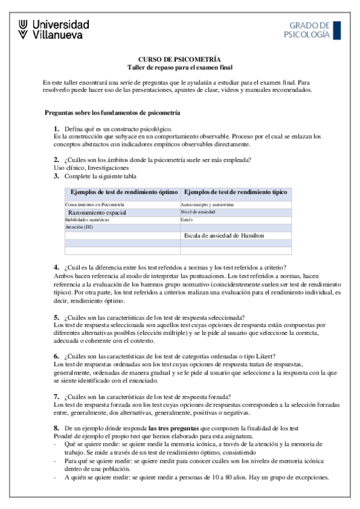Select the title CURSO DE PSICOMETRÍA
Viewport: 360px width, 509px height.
click(x=179, y=59)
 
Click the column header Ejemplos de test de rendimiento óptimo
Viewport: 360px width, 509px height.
click(x=124, y=192)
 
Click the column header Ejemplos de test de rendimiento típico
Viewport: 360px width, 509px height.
click(x=235, y=192)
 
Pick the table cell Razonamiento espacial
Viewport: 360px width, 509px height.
click(x=97, y=212)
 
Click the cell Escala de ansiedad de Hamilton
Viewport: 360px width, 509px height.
click(x=224, y=236)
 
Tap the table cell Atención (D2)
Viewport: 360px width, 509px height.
click(x=79, y=227)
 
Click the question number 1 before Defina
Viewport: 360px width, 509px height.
click(x=56, y=129)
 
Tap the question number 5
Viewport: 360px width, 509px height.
click(x=56, y=316)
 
